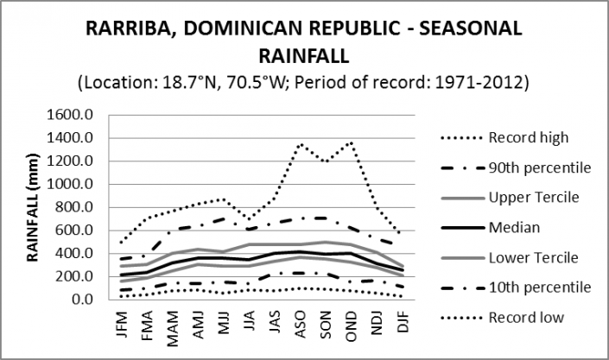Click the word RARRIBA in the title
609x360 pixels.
click(x=130, y=29)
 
